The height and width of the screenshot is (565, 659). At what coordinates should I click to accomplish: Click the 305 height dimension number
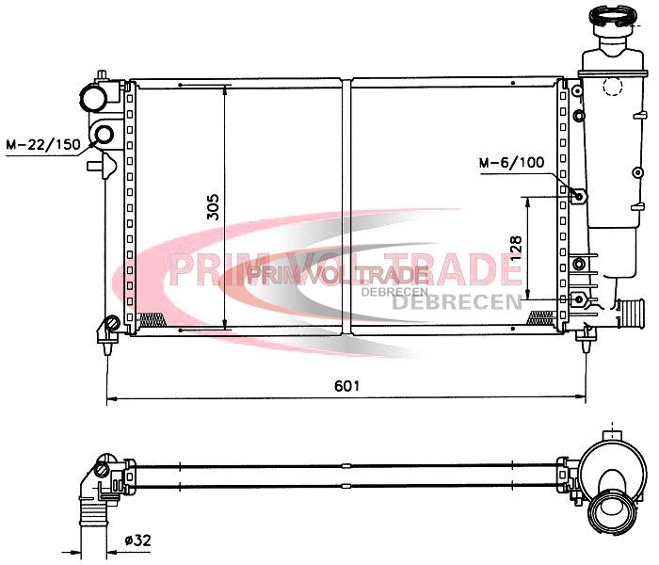tap(213, 207)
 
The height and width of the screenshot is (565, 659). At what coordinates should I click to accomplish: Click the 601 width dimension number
tap(346, 385)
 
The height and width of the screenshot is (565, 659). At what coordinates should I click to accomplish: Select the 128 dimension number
tap(516, 250)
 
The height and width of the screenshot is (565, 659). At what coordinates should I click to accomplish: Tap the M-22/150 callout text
tap(43, 145)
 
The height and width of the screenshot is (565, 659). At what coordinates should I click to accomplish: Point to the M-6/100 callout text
tap(511, 162)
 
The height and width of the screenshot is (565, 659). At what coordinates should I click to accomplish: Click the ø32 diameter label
tap(137, 540)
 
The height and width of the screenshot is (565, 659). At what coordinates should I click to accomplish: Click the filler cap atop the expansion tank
tap(612, 15)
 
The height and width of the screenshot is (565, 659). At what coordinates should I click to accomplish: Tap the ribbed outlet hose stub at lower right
tap(632, 314)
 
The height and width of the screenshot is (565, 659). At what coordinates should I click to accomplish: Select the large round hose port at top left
tap(93, 98)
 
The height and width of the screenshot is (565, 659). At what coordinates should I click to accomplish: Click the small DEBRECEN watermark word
tap(394, 291)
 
